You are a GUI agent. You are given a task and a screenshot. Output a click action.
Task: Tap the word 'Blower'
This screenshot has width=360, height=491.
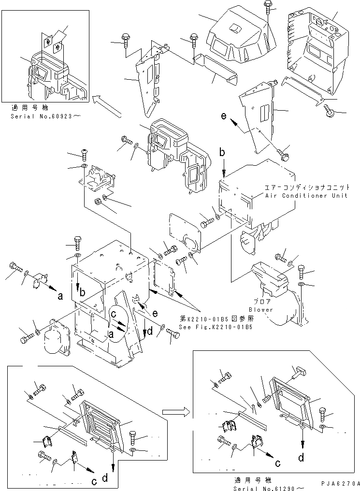261,309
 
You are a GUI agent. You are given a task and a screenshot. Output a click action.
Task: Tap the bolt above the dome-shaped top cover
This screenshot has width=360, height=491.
267,7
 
